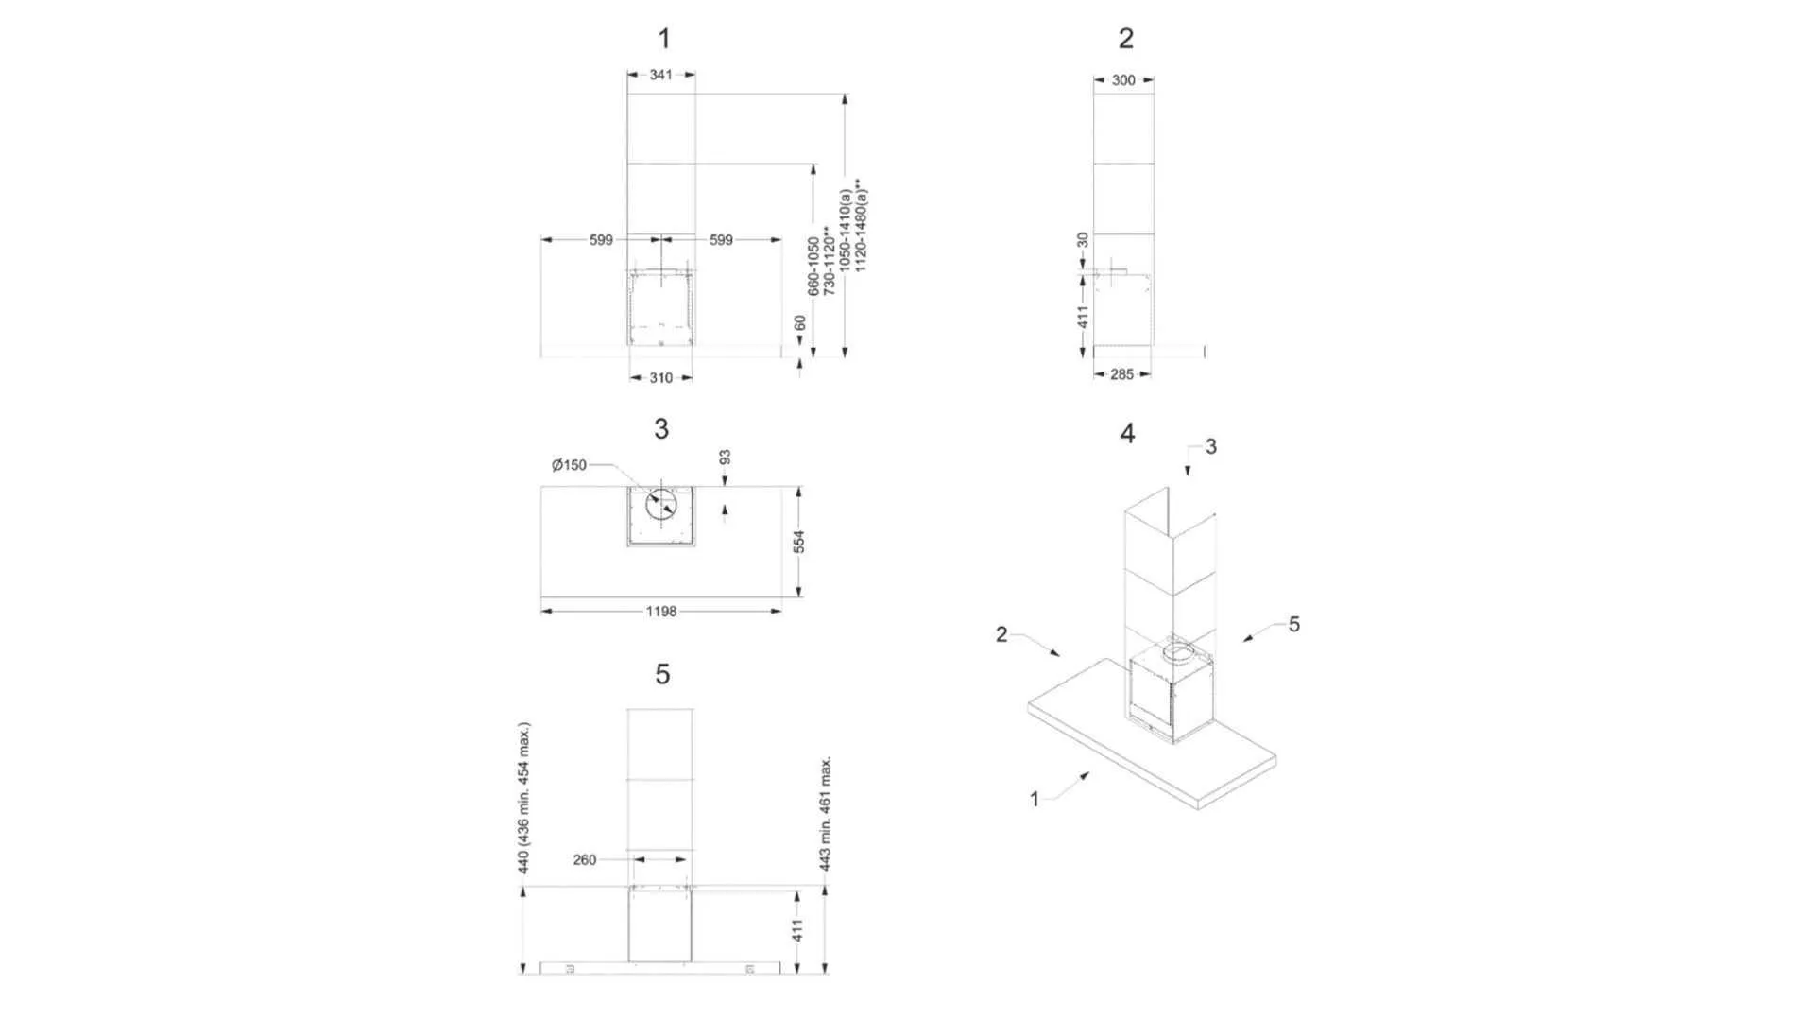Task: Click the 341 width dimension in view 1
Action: point(660,75)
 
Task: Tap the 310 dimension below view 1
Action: point(660,378)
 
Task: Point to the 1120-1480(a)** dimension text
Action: point(860,226)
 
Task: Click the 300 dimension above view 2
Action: point(1123,80)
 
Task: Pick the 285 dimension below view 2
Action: point(1121,374)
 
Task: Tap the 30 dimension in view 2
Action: point(1083,240)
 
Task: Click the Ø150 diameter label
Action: point(569,465)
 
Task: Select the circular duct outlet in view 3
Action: point(661,505)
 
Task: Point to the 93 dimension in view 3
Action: point(725,458)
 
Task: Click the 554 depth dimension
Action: point(799,542)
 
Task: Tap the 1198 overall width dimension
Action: point(661,612)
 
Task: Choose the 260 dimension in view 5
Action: point(585,860)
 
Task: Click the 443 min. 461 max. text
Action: point(825,813)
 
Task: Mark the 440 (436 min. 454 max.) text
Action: point(524,798)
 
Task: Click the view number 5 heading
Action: point(662,674)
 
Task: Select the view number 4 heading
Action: point(1127,433)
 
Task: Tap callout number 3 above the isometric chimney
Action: point(1211,446)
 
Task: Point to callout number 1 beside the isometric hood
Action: point(1035,799)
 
